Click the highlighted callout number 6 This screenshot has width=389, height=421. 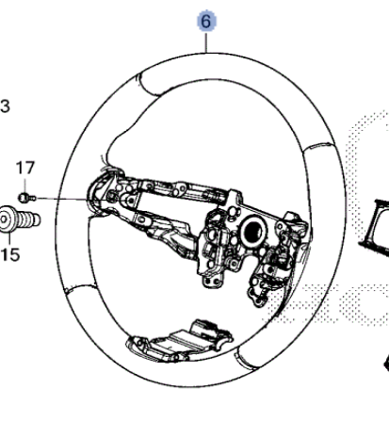(x=206, y=21)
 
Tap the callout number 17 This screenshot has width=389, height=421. (x=25, y=168)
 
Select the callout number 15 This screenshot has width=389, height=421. (x=10, y=254)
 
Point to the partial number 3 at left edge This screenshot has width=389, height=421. (x=5, y=106)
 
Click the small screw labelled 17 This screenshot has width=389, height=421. (x=27, y=198)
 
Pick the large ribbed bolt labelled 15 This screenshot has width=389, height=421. (x=19, y=219)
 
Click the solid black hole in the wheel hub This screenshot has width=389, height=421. (x=253, y=231)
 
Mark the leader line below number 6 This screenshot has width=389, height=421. (x=206, y=42)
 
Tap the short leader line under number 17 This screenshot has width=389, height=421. (x=25, y=185)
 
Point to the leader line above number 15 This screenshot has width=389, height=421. (x=9, y=239)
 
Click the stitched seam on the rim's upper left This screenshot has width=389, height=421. (x=148, y=86)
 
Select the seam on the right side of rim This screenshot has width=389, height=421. (x=318, y=148)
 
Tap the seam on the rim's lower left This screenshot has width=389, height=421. (x=81, y=288)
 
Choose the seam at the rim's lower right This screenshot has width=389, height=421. (x=246, y=357)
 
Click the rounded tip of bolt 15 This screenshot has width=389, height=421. (x=37, y=219)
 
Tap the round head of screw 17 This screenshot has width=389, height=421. (x=23, y=198)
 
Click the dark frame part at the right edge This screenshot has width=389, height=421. (x=375, y=224)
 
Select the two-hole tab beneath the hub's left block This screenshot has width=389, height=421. (x=213, y=281)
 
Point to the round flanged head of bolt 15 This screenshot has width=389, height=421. (x=6, y=219)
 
